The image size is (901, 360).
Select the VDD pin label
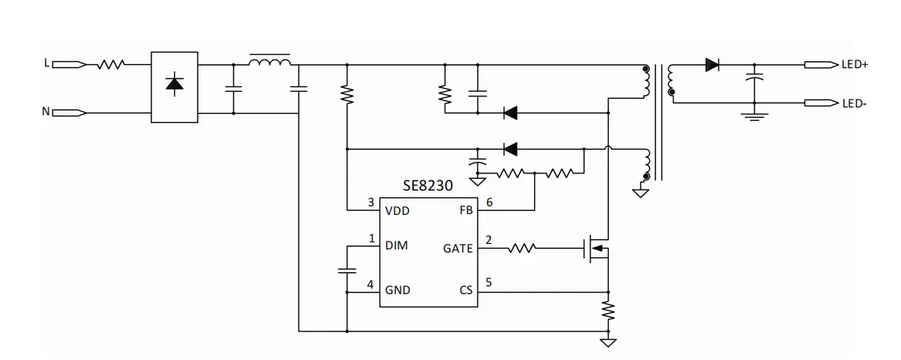coord(398,211)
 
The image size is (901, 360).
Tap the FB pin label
coord(466,211)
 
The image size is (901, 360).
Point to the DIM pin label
coord(397,245)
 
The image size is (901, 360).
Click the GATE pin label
coord(458,249)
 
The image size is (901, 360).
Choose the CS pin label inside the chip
coord(466,290)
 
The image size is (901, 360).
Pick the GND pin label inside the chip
coord(398,290)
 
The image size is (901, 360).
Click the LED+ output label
coord(855,64)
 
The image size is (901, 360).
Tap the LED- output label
coord(853,104)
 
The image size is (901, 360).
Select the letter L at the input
coord(46,63)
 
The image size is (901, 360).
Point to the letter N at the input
coord(46,111)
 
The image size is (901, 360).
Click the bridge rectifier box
coord(175,87)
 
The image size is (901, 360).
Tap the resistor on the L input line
coord(111,65)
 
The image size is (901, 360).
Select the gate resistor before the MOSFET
coord(521,249)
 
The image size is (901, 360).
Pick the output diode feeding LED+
coord(713,65)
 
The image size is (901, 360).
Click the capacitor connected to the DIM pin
coord(347,270)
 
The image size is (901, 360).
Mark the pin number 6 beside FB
coord(489,202)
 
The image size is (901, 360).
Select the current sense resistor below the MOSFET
coord(608,311)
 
